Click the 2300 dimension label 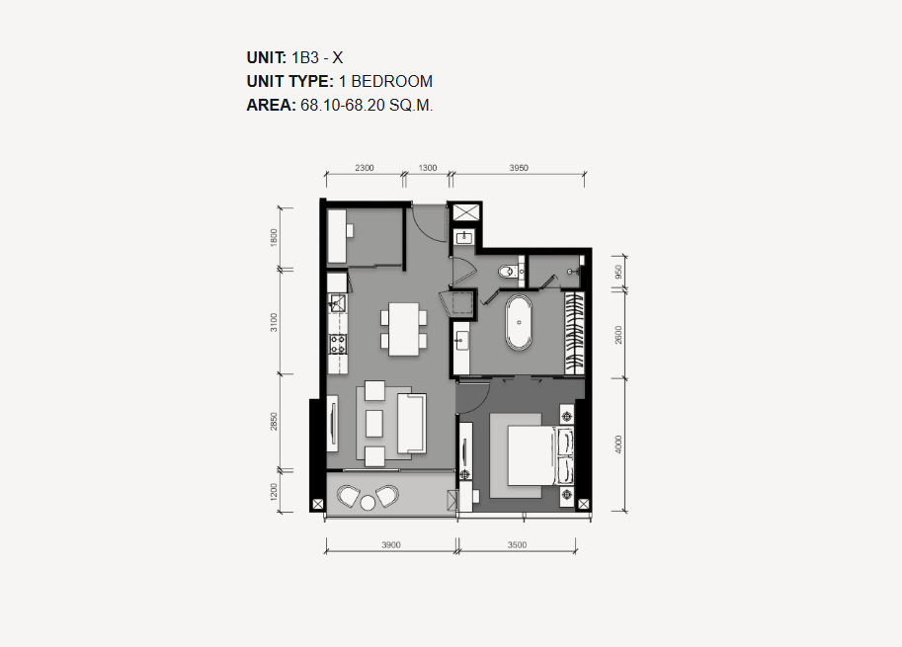point(365,168)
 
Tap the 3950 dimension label point(519,168)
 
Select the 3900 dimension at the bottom point(391,544)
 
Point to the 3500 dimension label point(517,544)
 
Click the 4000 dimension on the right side point(618,444)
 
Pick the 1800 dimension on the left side point(274,237)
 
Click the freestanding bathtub point(519,323)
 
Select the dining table point(404,329)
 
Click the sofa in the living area point(411,424)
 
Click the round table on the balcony point(368,503)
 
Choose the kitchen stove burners point(338,344)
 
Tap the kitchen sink point(337,303)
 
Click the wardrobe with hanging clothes point(574,334)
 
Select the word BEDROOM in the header point(392,82)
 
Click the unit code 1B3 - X point(317,57)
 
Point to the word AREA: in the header point(271,106)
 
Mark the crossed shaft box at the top point(465,212)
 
